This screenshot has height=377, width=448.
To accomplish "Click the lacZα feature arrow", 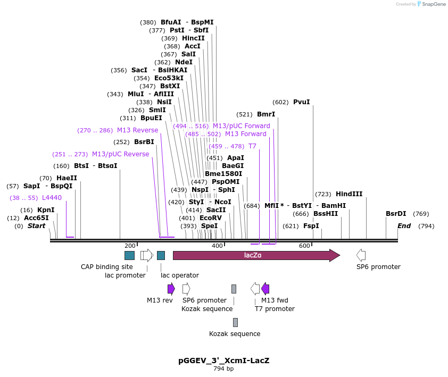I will [255, 255].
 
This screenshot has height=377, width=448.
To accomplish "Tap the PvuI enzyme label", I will [301, 102].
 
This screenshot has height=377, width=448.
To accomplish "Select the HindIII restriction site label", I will [349, 194].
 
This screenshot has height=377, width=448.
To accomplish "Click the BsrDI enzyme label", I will [396, 214].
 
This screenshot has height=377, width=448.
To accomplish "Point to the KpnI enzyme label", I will [46, 210].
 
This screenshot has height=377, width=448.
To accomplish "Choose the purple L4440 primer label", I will [52, 198].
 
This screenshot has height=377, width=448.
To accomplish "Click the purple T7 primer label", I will [252, 146].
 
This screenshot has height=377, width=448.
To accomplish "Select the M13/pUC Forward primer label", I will [242, 126].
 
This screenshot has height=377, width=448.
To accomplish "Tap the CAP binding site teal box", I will [129, 255].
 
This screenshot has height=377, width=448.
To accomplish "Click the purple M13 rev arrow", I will [171, 289].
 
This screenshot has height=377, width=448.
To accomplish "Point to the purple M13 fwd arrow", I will [265, 289].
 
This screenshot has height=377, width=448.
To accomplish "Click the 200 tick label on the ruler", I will [130, 246].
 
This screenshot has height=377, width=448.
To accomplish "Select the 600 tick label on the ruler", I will [304, 246].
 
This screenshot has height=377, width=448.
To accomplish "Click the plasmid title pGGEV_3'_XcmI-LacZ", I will [223, 361].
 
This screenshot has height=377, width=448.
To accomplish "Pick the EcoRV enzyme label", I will [210, 218].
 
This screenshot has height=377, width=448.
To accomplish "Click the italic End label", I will [404, 226].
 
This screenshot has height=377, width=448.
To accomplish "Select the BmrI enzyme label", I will [266, 114].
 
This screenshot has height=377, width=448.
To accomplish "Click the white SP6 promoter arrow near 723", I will [361, 255].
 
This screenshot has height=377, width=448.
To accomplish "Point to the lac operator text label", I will [180, 275].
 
